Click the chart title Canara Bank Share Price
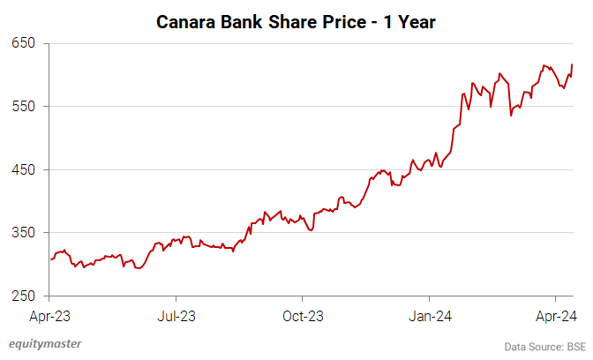[296, 20]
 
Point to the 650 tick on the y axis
[23, 43]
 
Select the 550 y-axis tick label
[23, 107]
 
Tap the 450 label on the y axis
[23, 169]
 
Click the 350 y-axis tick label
[23, 233]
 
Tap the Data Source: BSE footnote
[545, 346]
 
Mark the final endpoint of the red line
[572, 64]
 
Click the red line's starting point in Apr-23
[51, 259]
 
